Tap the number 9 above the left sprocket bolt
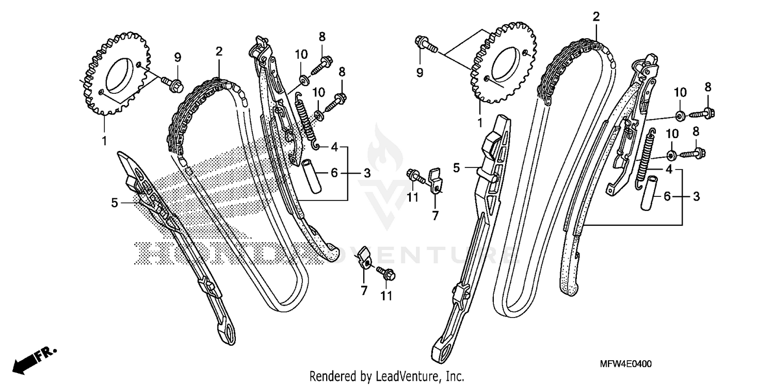[x=177, y=57]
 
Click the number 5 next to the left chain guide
[x=114, y=204]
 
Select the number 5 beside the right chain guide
[x=456, y=167]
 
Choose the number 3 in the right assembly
[x=696, y=196]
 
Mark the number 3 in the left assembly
[x=367, y=174]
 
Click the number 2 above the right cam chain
[x=596, y=17]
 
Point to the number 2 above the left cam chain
[x=219, y=52]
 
